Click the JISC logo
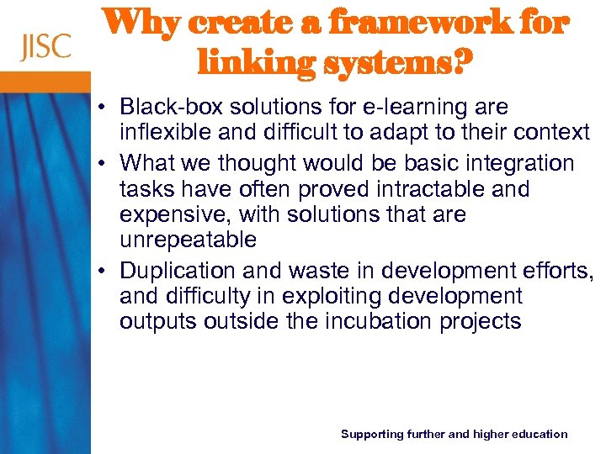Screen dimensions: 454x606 [x=46, y=47]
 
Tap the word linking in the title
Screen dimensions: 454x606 [x=243, y=61]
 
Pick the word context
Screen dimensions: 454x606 [x=550, y=133]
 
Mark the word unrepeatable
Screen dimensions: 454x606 [x=188, y=240]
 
